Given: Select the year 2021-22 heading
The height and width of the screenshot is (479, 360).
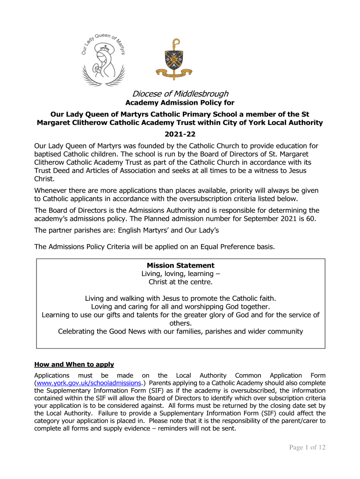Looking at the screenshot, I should point(180,134).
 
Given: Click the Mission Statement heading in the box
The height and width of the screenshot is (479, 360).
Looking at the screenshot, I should point(180,265).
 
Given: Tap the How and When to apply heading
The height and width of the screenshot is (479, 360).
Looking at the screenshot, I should point(74,364).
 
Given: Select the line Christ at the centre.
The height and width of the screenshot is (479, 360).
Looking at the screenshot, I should point(180,282).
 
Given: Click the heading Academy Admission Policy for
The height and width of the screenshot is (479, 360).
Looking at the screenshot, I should point(180,103).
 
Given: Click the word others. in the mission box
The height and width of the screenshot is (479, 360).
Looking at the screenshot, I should point(180,323).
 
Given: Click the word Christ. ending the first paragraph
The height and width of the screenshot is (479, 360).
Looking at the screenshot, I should point(45,179).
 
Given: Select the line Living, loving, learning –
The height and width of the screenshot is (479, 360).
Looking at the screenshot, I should point(180,274).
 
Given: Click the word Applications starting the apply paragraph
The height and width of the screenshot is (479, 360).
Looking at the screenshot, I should point(52,375).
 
